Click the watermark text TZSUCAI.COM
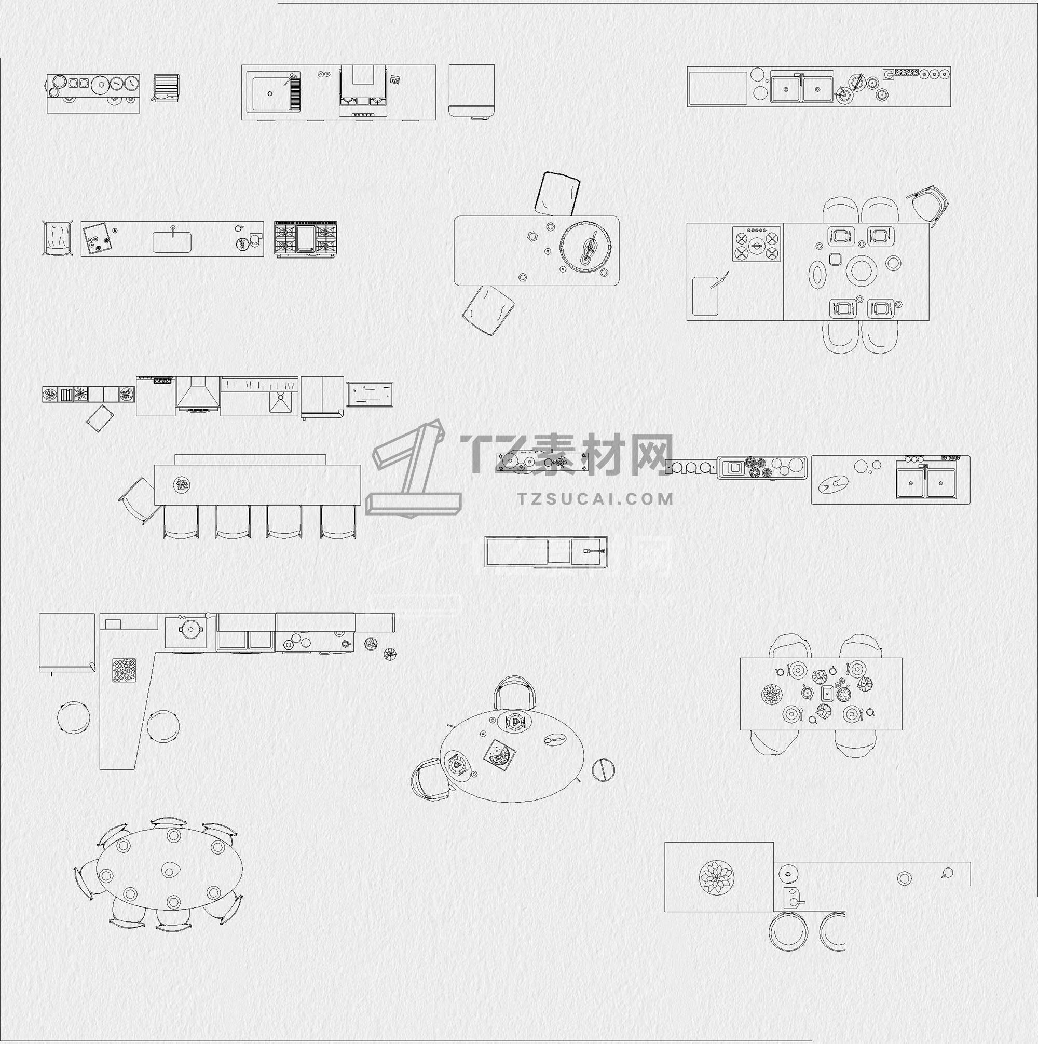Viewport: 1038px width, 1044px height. (x=595, y=499)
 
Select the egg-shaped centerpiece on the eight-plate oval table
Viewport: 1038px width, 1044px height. (x=171, y=871)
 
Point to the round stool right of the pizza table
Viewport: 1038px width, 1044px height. (x=603, y=769)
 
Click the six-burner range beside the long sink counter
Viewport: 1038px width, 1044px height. (x=305, y=238)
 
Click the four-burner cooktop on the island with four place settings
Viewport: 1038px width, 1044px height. (x=757, y=244)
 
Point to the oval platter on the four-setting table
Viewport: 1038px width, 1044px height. (x=816, y=275)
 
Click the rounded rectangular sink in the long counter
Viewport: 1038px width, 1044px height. (x=172, y=242)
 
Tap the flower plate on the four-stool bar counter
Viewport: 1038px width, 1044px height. (x=182, y=485)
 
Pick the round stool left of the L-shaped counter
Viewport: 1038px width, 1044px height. (x=74, y=717)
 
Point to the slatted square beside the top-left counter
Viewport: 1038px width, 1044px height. (x=166, y=88)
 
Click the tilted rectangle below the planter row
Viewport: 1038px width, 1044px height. (x=100, y=418)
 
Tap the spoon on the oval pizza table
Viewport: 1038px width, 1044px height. (x=554, y=739)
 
